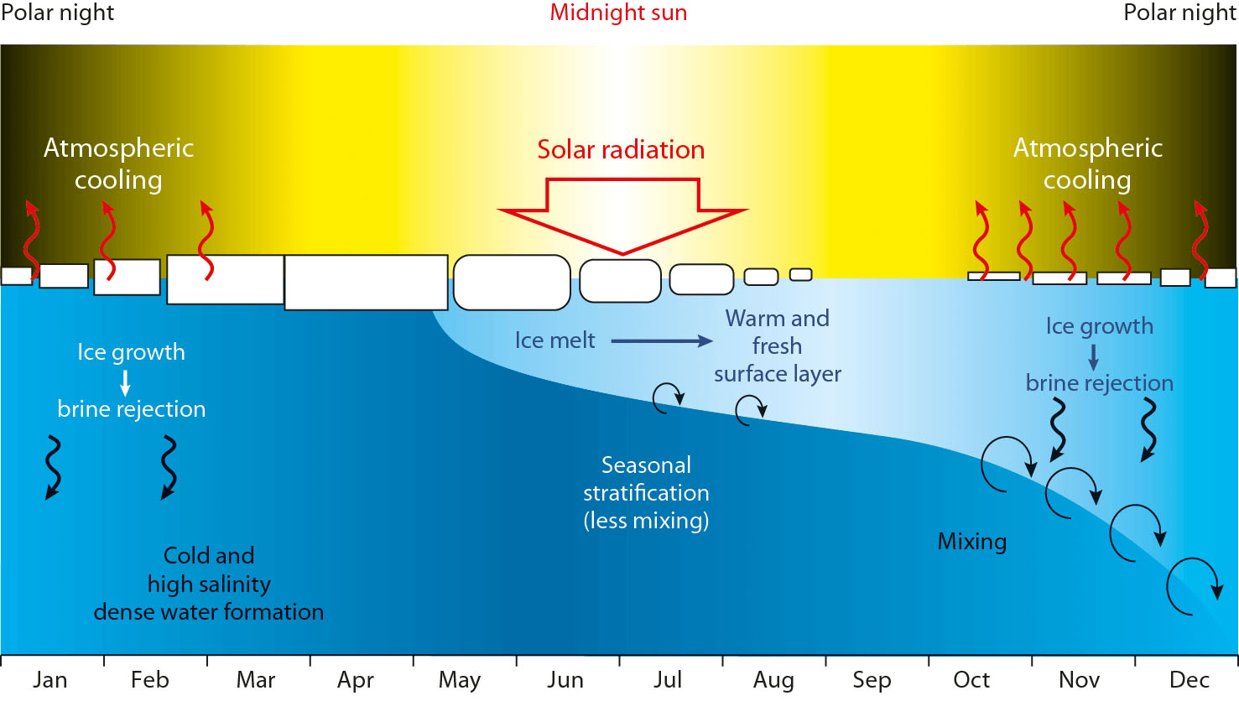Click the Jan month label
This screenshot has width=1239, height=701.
tap(50, 680)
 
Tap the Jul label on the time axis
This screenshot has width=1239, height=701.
tap(668, 680)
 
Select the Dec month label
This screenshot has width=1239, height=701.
tap(1189, 680)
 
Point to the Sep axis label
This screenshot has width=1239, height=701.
tap(872, 680)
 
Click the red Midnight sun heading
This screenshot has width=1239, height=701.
tap(618, 13)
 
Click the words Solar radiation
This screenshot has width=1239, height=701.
tap(621, 150)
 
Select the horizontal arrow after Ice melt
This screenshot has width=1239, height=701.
tap(661, 341)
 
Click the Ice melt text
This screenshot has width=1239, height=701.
tap(554, 340)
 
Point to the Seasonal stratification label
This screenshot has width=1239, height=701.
tap(646, 492)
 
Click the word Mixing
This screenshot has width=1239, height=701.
tap(971, 542)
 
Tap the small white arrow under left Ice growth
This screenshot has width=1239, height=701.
tap(126, 382)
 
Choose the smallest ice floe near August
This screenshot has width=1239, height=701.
tap(801, 274)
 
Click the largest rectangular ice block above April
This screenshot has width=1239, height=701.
tap(366, 282)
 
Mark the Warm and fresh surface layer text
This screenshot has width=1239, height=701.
tap(777, 345)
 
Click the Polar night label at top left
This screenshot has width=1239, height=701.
tap(58, 13)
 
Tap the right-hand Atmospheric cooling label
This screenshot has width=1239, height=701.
tap(1087, 164)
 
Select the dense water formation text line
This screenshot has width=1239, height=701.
tap(209, 612)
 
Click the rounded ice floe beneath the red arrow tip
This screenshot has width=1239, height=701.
tap(621, 280)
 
